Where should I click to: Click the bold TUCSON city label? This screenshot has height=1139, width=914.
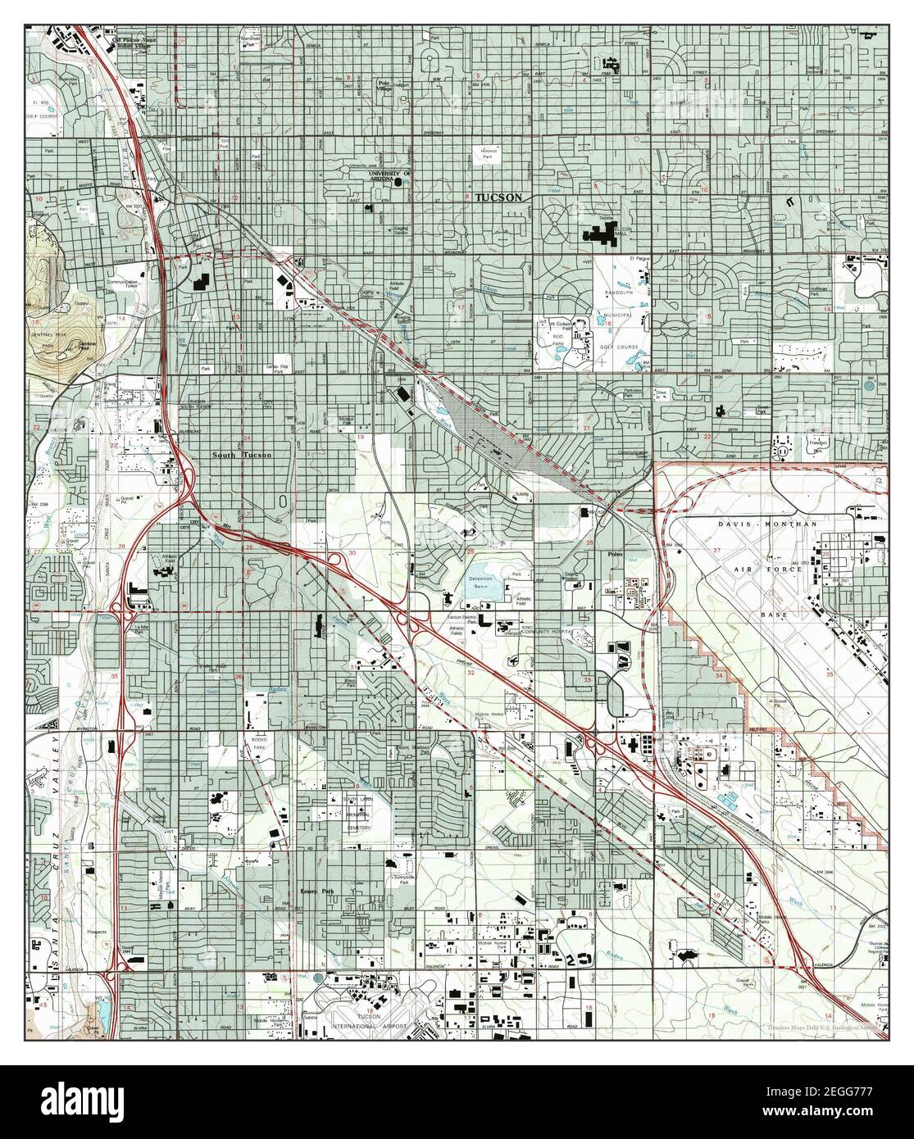point(498,198)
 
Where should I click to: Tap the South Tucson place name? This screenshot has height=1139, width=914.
point(240,456)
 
